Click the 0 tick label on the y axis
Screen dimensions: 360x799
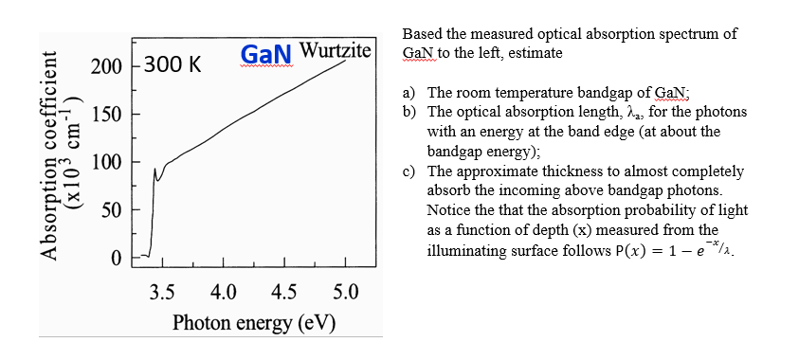pyautogui.click(x=117, y=257)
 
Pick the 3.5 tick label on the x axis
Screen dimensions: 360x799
pyautogui.click(x=163, y=290)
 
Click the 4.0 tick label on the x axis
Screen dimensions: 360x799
pyautogui.click(x=224, y=290)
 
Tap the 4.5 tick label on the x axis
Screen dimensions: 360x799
pyautogui.click(x=284, y=290)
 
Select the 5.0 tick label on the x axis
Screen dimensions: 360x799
pyautogui.click(x=345, y=290)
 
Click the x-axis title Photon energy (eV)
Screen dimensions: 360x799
pyautogui.click(x=254, y=322)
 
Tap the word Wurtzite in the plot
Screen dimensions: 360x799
pyautogui.click(x=336, y=50)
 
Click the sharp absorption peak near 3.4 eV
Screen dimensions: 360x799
pyautogui.click(x=154, y=171)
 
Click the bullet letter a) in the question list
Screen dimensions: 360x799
pyautogui.click(x=409, y=93)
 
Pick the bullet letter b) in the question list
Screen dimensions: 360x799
pyautogui.click(x=409, y=112)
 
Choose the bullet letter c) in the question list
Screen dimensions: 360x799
pyautogui.click(x=409, y=171)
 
